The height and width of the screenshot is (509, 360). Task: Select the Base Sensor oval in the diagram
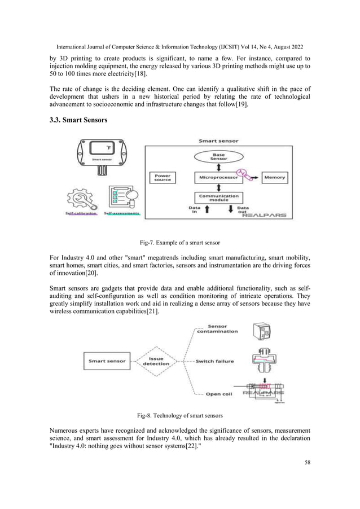(x=218, y=156)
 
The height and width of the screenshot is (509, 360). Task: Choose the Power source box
(x=163, y=177)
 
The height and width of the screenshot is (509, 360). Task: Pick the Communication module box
(x=218, y=198)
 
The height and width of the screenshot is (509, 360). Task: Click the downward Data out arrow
(x=230, y=211)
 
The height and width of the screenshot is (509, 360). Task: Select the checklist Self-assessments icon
(x=124, y=198)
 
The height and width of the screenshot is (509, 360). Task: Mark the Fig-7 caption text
(x=180, y=242)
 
